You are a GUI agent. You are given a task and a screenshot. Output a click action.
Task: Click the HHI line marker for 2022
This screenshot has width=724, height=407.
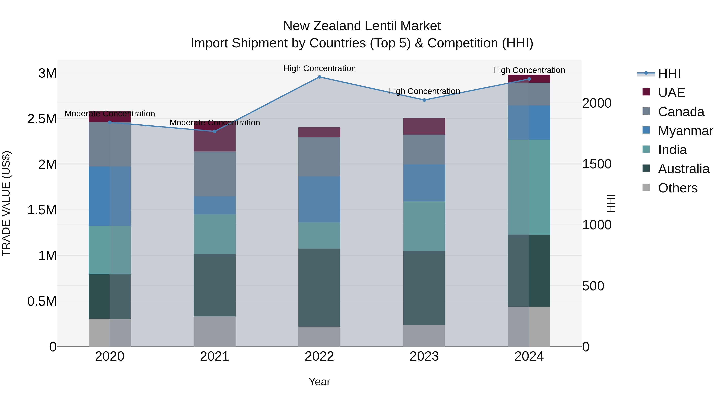point(319,77)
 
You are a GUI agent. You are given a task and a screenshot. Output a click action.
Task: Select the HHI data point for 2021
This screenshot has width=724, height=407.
point(214,131)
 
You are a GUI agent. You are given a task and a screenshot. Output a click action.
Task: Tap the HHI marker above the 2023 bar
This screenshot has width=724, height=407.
point(424,100)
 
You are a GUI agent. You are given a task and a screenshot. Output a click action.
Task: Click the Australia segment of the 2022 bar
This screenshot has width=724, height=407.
point(319,287)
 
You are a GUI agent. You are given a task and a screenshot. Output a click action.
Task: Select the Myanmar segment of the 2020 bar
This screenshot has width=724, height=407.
point(110,196)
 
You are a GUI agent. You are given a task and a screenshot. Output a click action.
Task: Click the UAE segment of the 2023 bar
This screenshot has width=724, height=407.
point(424,126)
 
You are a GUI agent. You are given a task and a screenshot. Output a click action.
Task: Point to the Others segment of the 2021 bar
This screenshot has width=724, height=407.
point(214,331)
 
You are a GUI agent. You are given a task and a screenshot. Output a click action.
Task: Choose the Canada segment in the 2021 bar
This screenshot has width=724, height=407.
point(214,174)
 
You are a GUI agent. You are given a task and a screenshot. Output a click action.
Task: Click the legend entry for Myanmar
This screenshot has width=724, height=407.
point(685,131)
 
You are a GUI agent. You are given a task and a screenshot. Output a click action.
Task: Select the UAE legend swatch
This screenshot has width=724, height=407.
point(646,92)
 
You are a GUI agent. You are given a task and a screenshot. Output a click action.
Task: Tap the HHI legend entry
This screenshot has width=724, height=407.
point(669,74)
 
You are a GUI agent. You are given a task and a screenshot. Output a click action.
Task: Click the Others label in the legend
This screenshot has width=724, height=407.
point(678,188)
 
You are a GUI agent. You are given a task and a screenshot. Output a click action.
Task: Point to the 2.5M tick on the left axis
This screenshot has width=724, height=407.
point(42,119)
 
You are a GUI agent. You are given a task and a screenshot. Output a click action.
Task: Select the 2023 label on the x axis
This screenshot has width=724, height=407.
point(424,356)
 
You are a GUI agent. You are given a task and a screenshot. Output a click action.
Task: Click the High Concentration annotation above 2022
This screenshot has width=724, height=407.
point(319,68)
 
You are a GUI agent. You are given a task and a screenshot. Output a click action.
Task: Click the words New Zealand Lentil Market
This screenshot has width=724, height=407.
point(362,26)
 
